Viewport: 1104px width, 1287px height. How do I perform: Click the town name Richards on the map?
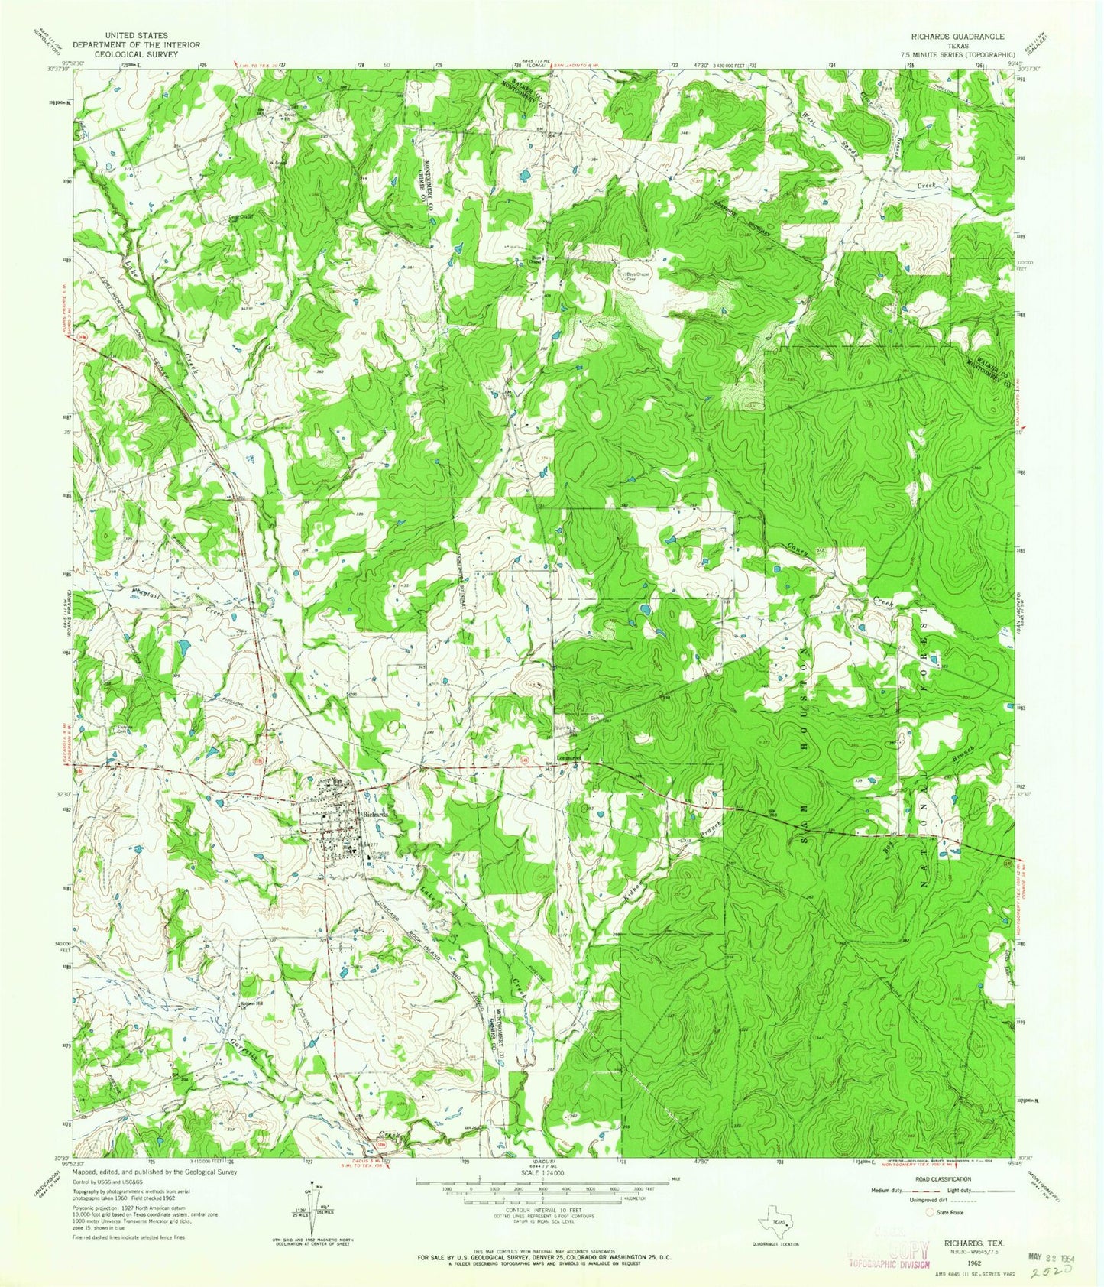pyautogui.click(x=376, y=814)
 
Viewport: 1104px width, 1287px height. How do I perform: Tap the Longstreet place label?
pyautogui.click(x=570, y=758)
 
